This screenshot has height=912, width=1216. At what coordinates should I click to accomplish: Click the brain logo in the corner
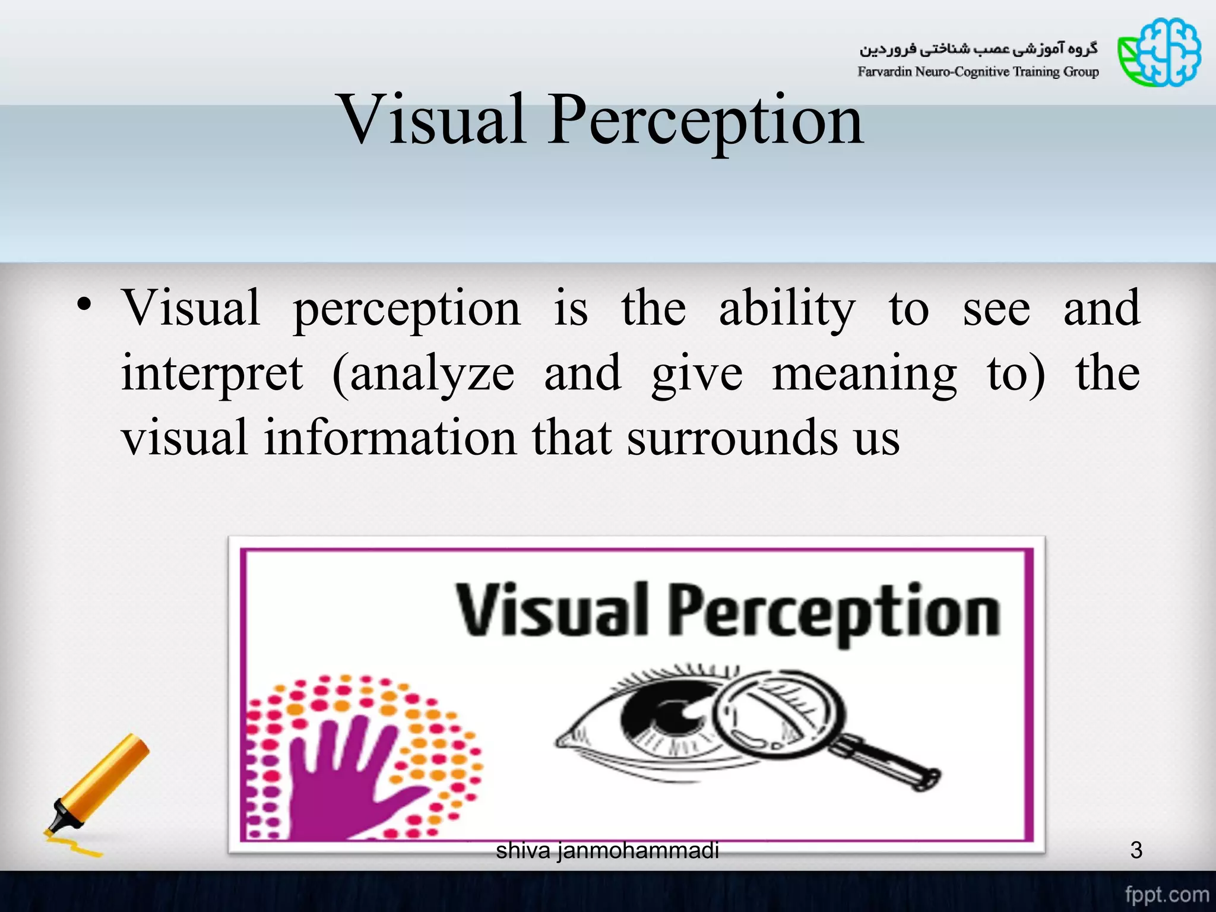(1159, 52)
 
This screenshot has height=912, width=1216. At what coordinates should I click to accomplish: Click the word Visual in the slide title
(432, 120)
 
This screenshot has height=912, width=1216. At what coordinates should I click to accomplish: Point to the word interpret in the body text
(212, 374)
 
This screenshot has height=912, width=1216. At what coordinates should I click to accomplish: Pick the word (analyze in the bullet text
(423, 375)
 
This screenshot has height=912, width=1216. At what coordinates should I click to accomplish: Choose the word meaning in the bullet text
(864, 375)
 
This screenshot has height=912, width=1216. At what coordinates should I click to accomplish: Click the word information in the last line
(390, 438)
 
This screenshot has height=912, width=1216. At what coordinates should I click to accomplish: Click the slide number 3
(1136, 850)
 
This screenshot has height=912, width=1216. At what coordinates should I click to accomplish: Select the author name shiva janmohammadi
(607, 850)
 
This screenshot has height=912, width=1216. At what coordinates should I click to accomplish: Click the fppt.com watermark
(1166, 894)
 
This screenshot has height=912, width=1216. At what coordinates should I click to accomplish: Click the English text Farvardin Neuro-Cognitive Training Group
(977, 72)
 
